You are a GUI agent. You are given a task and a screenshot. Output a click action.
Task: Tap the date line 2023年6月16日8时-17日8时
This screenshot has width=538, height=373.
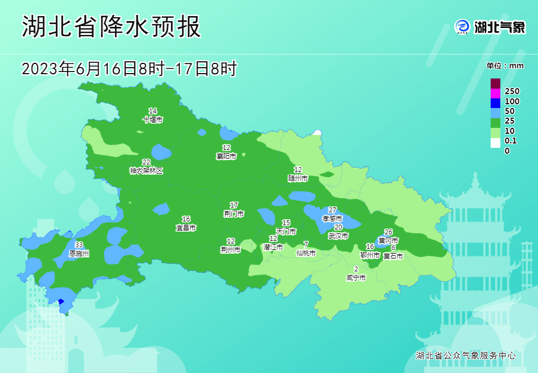point(129,69)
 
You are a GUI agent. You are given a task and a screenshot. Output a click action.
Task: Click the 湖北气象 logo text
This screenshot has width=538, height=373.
point(499,27)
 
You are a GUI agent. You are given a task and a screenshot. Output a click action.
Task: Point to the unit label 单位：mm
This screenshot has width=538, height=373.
point(505,66)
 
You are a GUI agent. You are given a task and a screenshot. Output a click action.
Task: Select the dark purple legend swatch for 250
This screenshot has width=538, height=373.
point(495,83)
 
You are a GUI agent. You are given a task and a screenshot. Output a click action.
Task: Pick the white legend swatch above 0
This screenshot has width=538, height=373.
point(495,142)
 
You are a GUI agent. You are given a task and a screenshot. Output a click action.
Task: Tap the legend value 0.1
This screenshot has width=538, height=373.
point(511,141)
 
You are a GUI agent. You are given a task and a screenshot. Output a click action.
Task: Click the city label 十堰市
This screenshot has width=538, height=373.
point(153,120)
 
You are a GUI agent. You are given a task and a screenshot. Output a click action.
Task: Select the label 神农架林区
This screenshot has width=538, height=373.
point(146,171)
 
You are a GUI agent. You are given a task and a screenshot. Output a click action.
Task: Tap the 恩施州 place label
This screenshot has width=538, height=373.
point(79,253)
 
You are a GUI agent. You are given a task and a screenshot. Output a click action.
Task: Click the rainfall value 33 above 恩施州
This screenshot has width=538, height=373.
point(79,245)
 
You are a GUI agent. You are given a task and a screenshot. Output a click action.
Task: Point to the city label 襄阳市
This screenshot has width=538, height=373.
point(226,156)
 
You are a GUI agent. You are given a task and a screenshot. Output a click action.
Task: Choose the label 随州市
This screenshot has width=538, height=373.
point(298,178)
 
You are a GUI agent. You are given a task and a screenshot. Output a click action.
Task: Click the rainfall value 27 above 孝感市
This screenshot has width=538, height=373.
point(332,210)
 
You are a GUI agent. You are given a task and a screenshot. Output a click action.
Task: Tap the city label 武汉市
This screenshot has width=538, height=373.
point(338,236)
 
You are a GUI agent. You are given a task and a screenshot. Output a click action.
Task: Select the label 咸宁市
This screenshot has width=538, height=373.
point(356,278)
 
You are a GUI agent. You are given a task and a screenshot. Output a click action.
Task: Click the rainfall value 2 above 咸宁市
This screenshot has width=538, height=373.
point(356,270)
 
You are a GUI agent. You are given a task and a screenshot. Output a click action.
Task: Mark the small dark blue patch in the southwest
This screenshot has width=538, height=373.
point(61,302)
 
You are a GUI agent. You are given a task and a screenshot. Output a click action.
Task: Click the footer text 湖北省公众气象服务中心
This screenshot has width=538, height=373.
point(466,356)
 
